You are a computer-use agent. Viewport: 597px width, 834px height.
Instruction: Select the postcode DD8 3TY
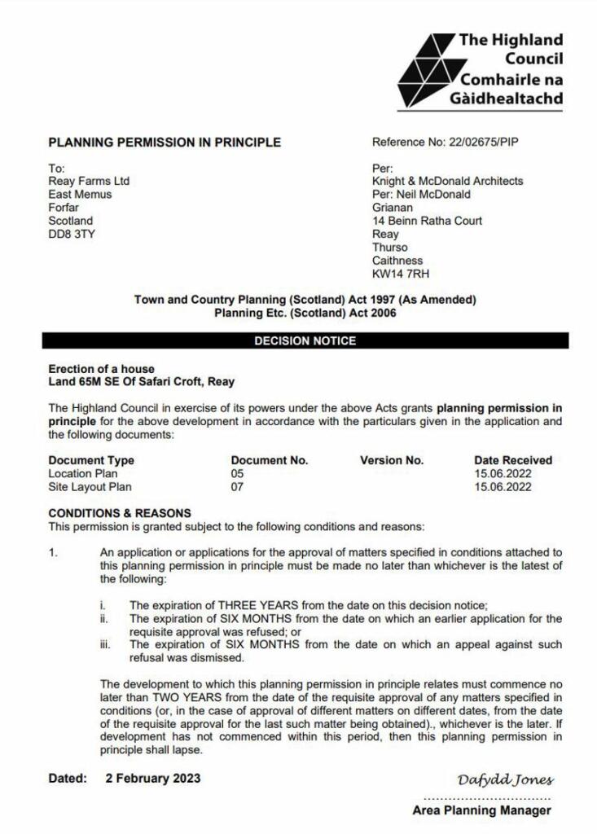(72, 234)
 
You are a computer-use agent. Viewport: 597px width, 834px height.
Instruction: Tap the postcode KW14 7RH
(401, 274)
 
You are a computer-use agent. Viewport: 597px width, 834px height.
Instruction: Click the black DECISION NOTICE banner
(305, 340)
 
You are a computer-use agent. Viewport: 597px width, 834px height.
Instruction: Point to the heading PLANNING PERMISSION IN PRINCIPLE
(165, 142)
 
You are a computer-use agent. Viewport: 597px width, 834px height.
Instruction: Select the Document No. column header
(270, 460)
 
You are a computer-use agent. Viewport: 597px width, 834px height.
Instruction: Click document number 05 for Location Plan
(237, 473)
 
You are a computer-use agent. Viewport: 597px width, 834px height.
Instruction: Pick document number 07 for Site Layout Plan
(237, 487)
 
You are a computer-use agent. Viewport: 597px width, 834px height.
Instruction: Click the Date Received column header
(513, 460)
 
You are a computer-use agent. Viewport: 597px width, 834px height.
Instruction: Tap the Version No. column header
(392, 460)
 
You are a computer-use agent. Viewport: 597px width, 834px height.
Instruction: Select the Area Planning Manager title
(481, 810)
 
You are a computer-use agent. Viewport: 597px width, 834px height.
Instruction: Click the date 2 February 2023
(153, 778)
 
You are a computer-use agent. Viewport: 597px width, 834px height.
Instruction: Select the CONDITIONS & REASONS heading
(120, 513)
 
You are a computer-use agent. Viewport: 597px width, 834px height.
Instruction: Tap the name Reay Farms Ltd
(89, 181)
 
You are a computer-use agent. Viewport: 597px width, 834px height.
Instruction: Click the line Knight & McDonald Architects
(447, 181)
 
